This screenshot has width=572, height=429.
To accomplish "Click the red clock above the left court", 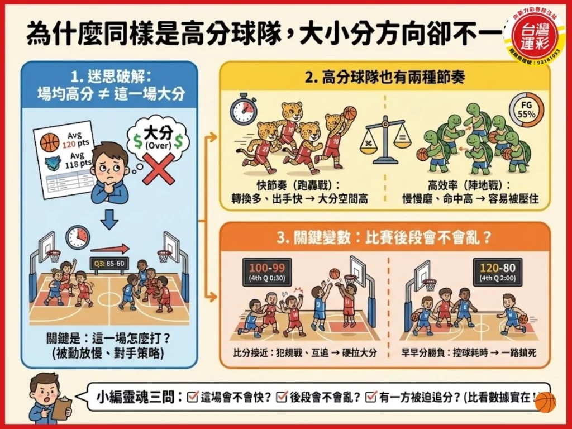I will click(78, 237).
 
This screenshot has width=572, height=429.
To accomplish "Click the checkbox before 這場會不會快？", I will click(193, 397).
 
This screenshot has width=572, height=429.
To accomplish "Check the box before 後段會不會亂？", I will click(282, 397).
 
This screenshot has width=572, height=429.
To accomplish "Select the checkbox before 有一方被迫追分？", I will click(370, 397).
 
